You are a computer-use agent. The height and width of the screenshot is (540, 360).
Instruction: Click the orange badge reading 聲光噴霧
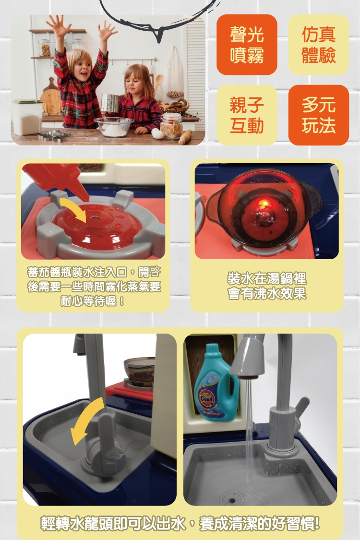(x=247, y=45)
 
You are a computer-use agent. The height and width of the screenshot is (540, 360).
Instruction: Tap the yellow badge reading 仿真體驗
(x=318, y=45)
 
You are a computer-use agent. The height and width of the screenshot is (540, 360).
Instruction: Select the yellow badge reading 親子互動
(x=247, y=115)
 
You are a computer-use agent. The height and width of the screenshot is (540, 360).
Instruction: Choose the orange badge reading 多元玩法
(x=318, y=115)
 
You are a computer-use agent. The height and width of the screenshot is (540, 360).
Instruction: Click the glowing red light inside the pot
(x=264, y=204)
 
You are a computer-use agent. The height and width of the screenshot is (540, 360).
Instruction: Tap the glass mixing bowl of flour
(x=114, y=126)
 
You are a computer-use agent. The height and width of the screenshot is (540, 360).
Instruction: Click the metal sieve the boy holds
(x=110, y=103)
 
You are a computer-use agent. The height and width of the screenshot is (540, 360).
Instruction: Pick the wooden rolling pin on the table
(x=185, y=137)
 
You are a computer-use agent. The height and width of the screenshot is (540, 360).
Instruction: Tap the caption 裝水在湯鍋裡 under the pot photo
(x=267, y=278)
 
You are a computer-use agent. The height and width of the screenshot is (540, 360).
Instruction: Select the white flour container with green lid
(x=27, y=117)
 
